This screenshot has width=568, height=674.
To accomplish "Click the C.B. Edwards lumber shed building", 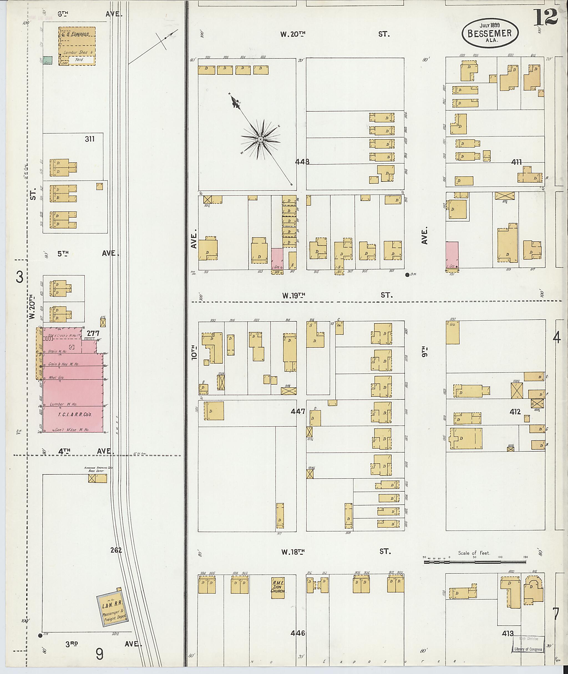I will point(77,46).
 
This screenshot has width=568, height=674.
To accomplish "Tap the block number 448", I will point(302,162).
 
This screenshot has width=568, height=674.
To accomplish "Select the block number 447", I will point(298,411).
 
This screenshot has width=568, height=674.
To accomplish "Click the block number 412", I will point(515,412).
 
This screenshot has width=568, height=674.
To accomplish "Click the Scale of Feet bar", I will point(474,562).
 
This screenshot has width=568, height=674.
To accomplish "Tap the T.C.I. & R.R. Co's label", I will point(75,414).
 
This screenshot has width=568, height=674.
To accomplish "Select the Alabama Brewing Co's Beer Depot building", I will point(98,478).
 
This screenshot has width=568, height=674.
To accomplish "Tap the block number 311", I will point(90,139).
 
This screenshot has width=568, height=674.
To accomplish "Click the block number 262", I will point(116,550).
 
